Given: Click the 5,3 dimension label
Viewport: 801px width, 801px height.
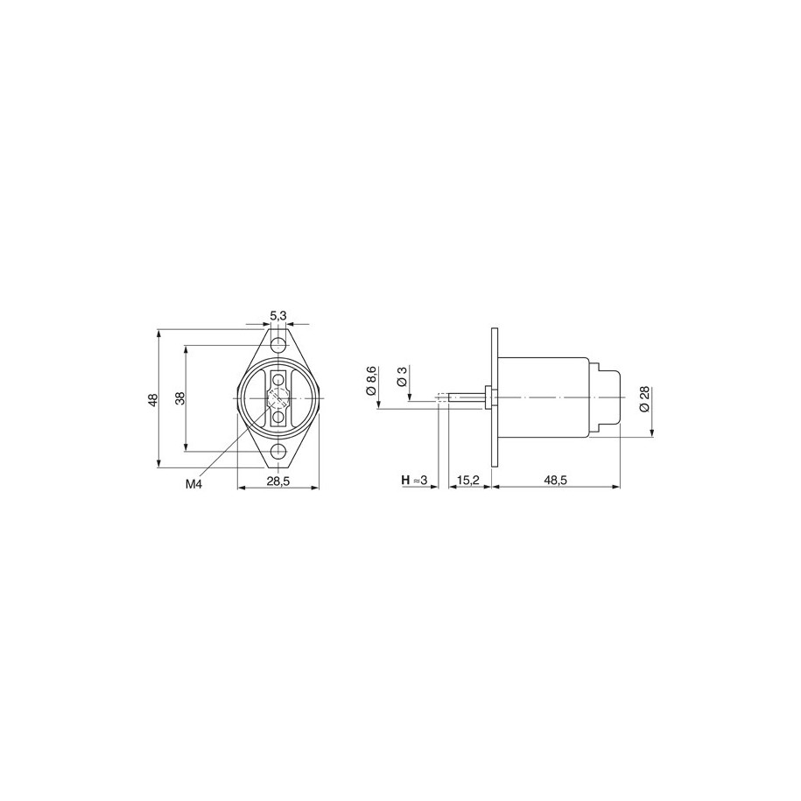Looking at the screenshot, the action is pos(278,317).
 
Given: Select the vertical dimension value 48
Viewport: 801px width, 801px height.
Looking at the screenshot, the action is pos(152,399).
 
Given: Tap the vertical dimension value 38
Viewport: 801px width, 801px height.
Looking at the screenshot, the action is pos(179,398).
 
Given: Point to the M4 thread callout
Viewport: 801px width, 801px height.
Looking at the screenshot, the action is pos(193,484).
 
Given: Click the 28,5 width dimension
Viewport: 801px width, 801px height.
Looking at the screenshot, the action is pos(278,481).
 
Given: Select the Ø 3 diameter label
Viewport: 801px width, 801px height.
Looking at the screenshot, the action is pos(401,376).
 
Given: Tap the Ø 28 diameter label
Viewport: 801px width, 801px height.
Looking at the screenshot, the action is pos(643,399).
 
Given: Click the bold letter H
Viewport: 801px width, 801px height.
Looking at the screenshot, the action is pos(405,481).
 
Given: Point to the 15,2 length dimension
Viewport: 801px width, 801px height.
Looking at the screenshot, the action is pos(468,481).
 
